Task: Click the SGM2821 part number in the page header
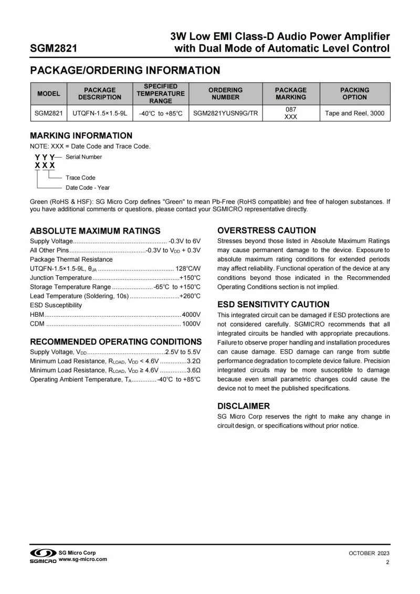click(54, 49)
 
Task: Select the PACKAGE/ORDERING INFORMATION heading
click(125, 70)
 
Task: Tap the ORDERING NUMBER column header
click(225, 93)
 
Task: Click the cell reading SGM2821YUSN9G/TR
click(225, 113)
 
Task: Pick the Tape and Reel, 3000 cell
click(354, 113)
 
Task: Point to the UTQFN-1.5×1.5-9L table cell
click(100, 113)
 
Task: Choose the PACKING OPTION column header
click(354, 93)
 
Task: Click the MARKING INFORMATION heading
click(81, 136)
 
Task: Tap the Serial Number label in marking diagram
click(84, 157)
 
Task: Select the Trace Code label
click(80, 178)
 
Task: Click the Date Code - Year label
click(88, 187)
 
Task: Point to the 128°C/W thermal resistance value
click(188, 268)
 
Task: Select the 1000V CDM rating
click(191, 324)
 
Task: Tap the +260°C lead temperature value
click(190, 296)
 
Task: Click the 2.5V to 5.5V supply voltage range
click(183, 352)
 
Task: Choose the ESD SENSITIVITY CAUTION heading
click(273, 305)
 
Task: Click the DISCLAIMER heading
click(244, 406)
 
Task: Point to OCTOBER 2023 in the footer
click(369, 554)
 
